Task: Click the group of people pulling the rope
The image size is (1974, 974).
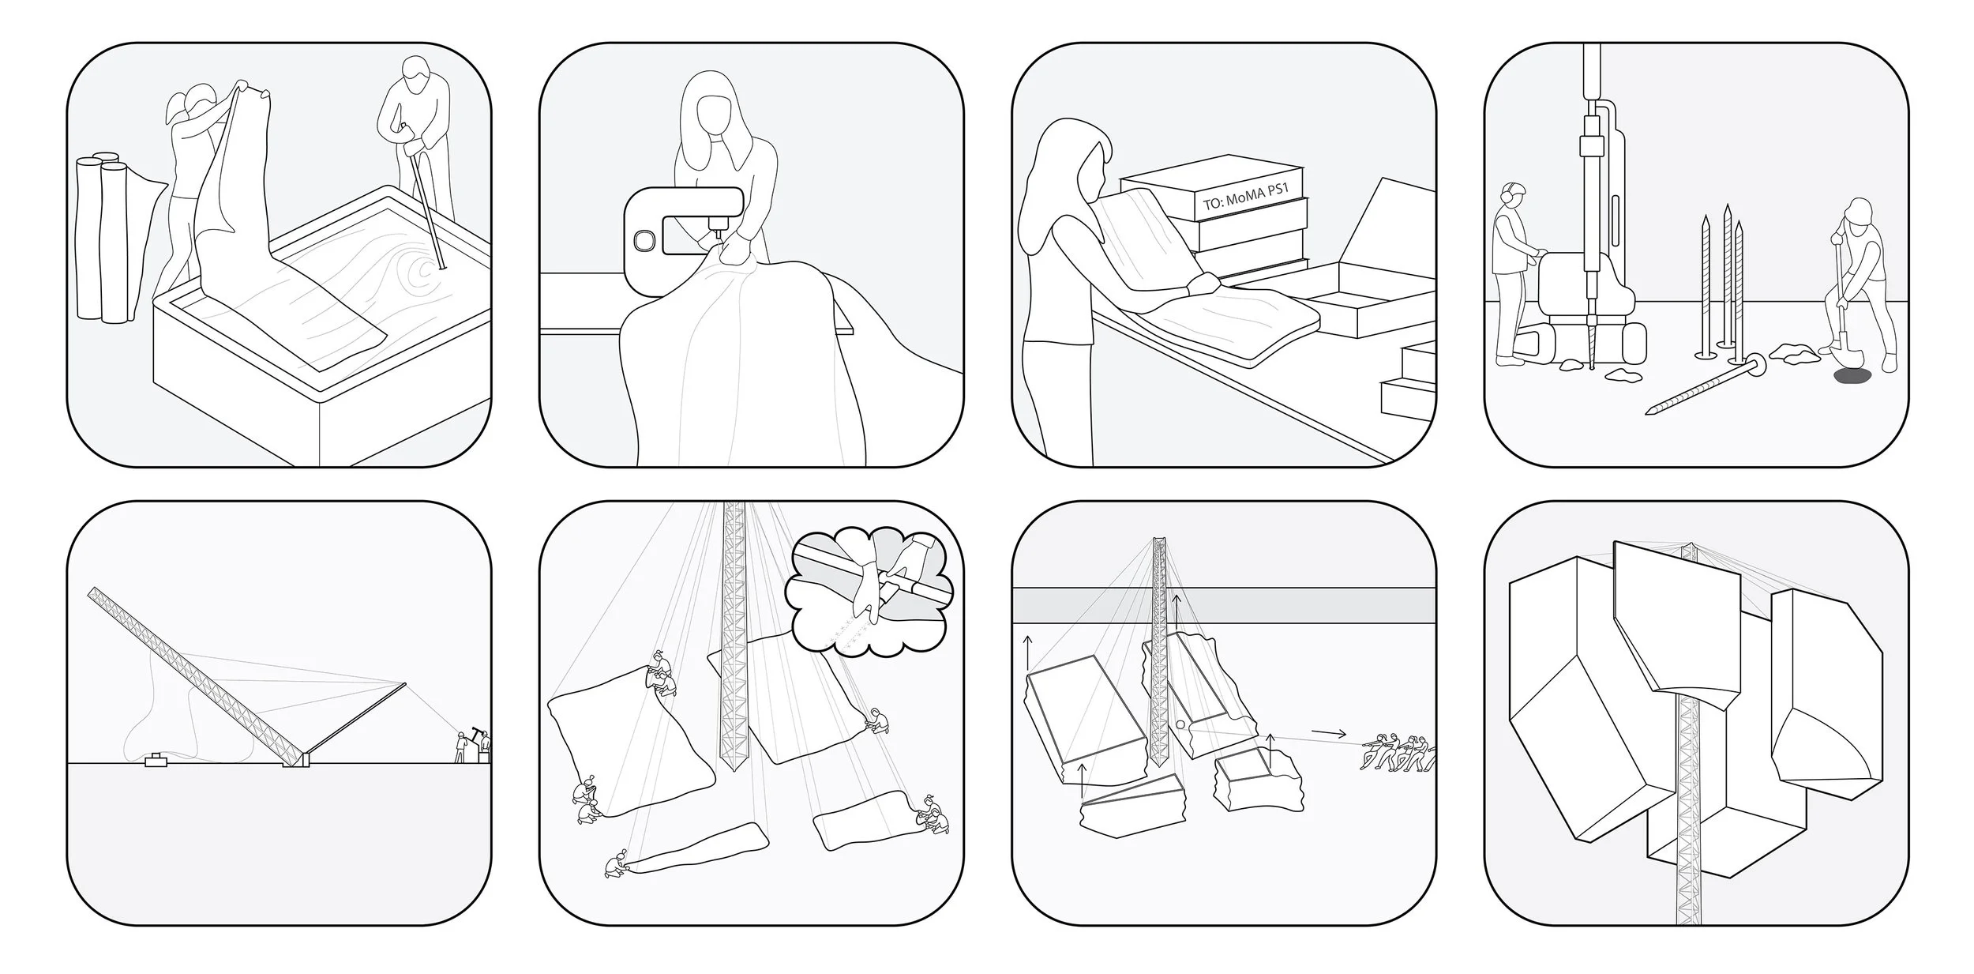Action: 1396,753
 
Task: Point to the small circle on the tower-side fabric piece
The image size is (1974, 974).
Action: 1180,724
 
